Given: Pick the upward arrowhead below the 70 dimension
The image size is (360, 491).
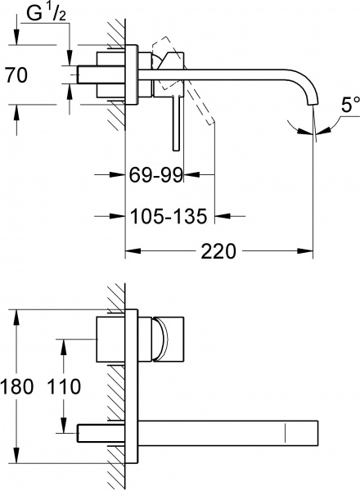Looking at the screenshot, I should [x=17, y=109].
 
